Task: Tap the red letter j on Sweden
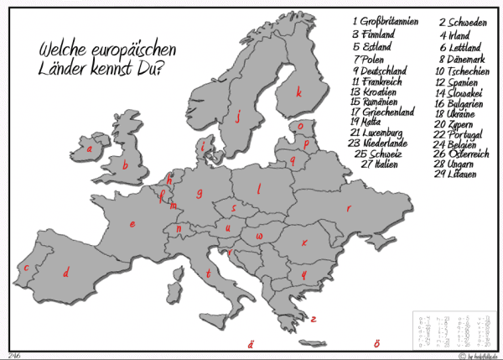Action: (x=239, y=118)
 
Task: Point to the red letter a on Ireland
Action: (x=90, y=152)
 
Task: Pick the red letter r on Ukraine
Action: (x=349, y=208)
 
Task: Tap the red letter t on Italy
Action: (x=208, y=273)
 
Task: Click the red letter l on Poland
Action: (x=260, y=188)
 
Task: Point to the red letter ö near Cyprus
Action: (x=377, y=343)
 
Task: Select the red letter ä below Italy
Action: (x=249, y=343)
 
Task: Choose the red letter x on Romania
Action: (x=304, y=243)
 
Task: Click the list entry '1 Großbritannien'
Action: (x=385, y=21)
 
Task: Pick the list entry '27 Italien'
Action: (x=380, y=165)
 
